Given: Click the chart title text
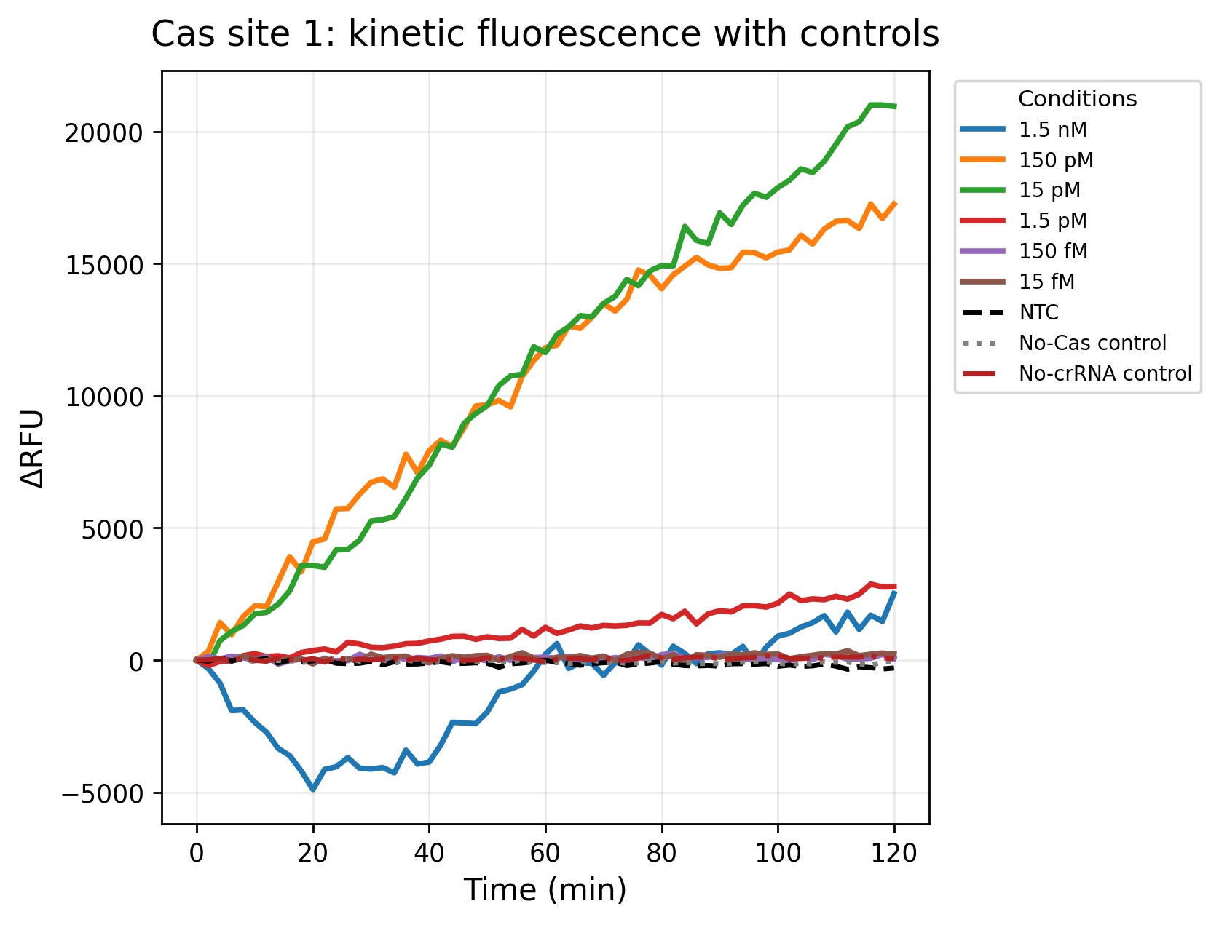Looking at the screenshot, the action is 545,34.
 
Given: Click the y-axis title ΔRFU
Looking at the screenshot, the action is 32,448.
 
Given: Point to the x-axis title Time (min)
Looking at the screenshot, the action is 545,890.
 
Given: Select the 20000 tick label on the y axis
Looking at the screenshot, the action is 104,133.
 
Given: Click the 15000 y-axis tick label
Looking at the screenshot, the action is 104,265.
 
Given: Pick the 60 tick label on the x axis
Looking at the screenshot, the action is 545,852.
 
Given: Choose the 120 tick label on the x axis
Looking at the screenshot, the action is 893,852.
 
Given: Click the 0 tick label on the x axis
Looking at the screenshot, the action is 197,852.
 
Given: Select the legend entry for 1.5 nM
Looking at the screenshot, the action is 1024,130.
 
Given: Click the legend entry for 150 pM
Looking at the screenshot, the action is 1027,160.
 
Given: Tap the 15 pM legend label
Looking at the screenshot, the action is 1020,190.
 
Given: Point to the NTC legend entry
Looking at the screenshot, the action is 1009,312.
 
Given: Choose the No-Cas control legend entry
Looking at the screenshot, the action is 1063,343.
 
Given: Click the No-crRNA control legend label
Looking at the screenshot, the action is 1076,373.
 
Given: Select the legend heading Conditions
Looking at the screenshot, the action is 1078,99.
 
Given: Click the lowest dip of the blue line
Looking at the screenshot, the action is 313,788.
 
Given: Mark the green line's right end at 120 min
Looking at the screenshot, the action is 894,106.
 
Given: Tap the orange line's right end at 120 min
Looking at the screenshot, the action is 894,203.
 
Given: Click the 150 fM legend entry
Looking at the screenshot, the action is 1024,251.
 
